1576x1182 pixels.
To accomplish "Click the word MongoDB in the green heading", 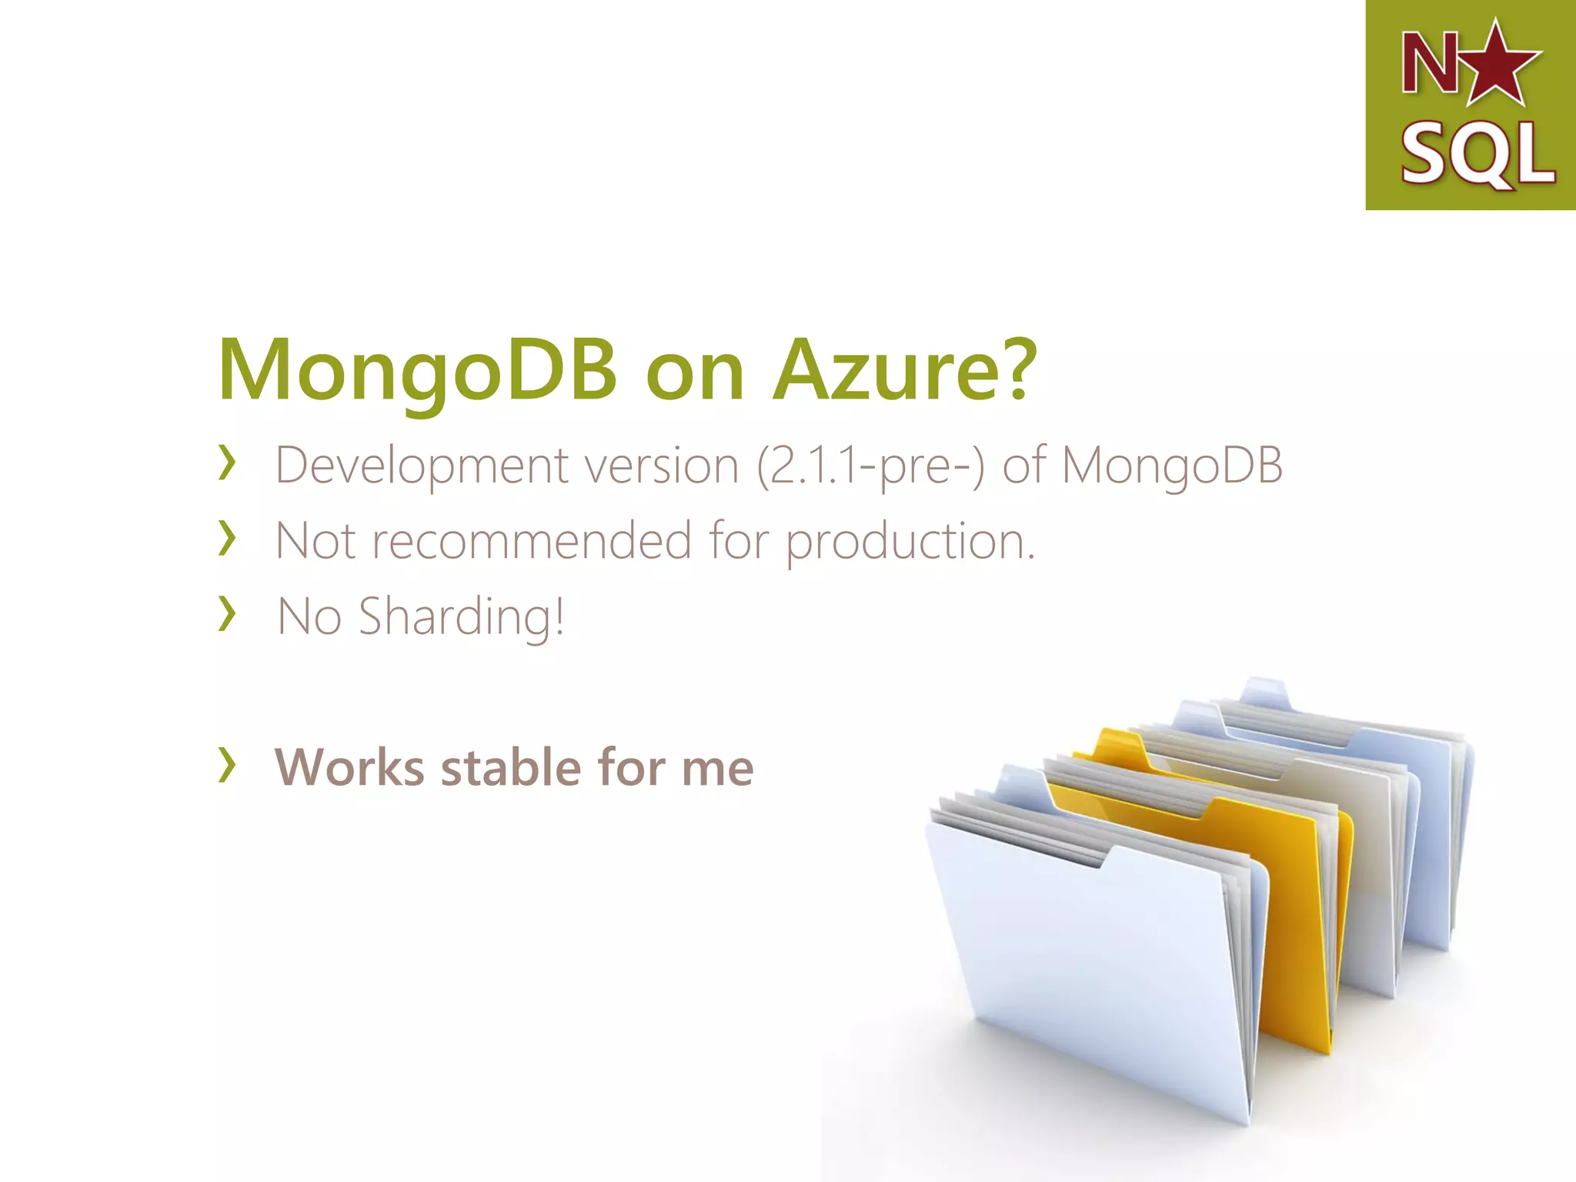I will (x=418, y=372).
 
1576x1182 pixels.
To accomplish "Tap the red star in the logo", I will (x=1499, y=65).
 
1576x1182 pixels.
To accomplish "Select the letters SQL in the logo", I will (x=1476, y=154).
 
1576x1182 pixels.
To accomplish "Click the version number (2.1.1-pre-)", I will (x=870, y=466).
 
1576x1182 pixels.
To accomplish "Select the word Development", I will (x=422, y=466).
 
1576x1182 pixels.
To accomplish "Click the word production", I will (x=910, y=542).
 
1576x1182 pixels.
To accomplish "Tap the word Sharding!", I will (x=462, y=617).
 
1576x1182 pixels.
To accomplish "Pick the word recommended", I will (x=532, y=540).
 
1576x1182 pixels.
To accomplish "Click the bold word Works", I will (x=349, y=768).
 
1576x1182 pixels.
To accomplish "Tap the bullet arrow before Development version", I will (x=226, y=462).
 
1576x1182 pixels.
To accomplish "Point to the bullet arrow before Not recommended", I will (x=226, y=538).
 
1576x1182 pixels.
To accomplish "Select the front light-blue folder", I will (x=1093, y=970).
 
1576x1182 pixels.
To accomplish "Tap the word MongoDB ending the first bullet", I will (x=1171, y=466).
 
